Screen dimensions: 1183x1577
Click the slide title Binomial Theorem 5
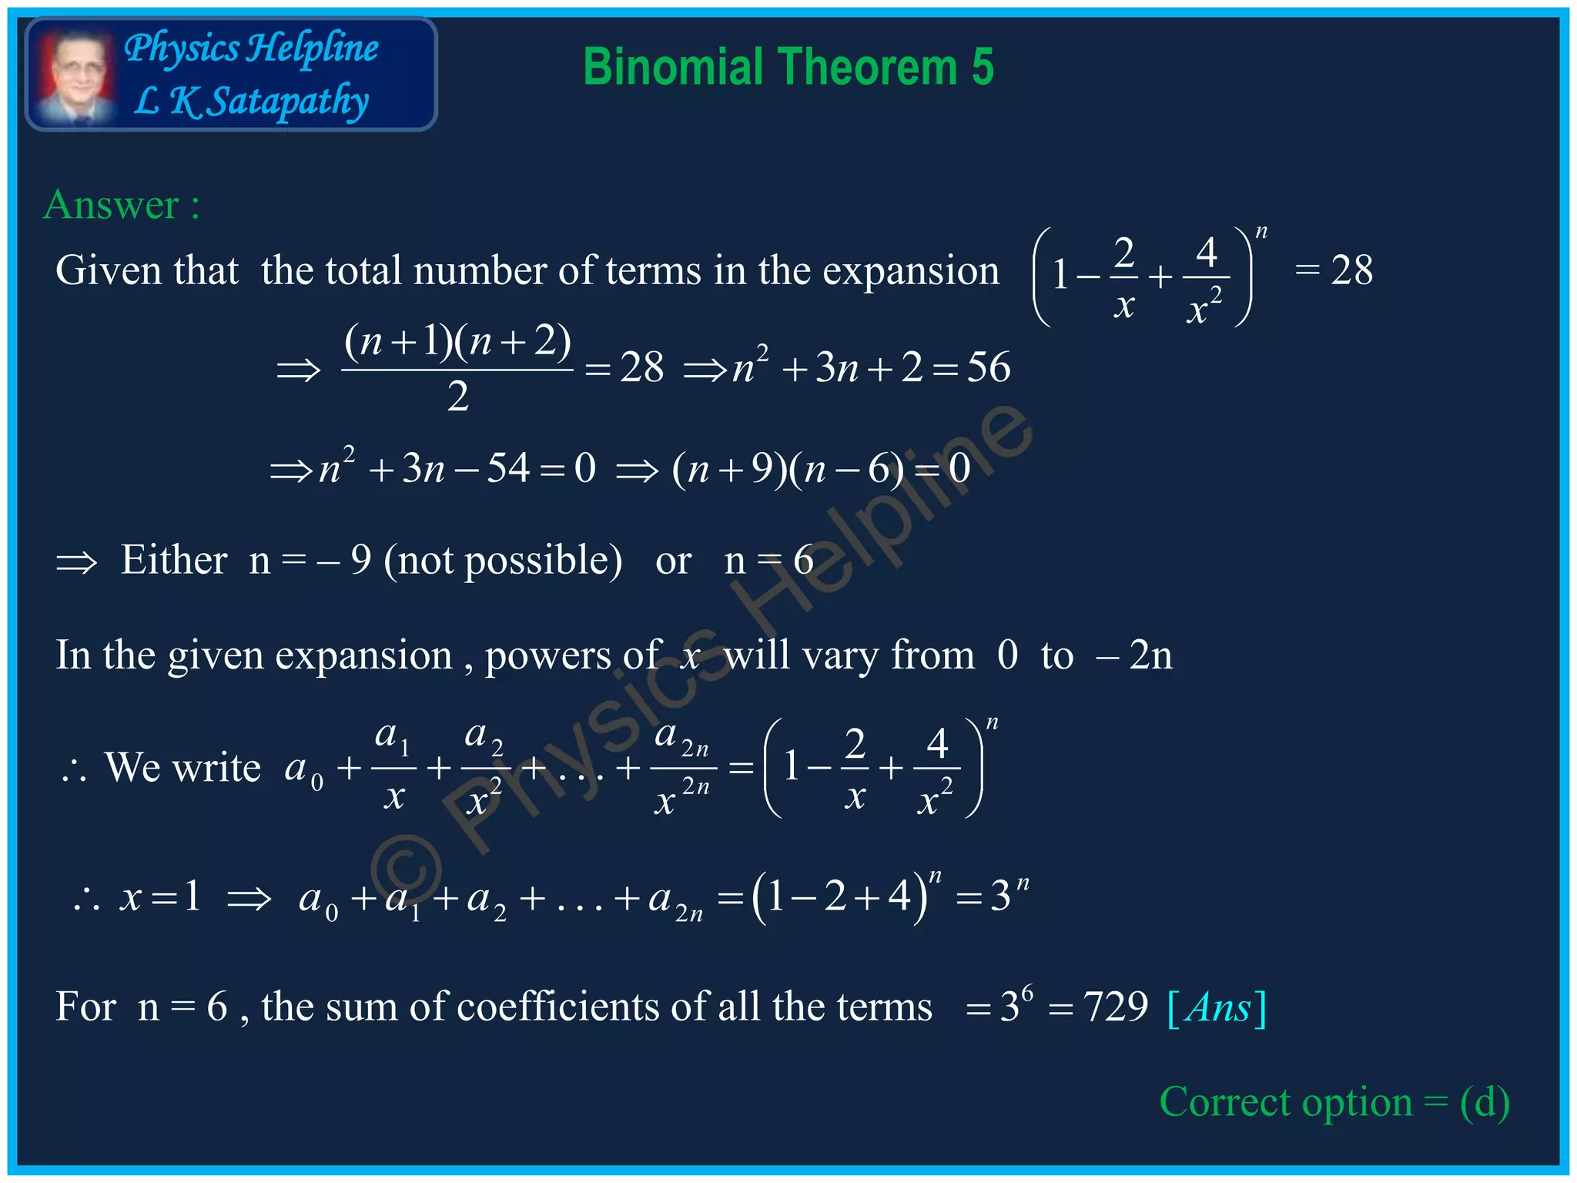tap(788, 67)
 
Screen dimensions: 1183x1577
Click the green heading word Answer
tap(112, 205)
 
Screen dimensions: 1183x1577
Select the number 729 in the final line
tap(1116, 1007)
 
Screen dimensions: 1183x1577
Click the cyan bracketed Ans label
tap(1217, 1008)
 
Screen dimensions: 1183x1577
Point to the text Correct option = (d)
tap(1334, 1102)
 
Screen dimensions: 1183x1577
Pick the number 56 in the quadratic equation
tap(989, 367)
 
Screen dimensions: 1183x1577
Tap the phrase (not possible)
tap(503, 560)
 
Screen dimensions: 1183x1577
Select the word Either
tap(174, 560)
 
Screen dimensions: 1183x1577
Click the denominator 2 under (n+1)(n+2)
tap(457, 397)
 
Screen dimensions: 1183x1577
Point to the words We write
tap(183, 768)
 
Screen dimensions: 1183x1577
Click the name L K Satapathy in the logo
tap(251, 101)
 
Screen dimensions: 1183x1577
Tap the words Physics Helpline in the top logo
tap(251, 48)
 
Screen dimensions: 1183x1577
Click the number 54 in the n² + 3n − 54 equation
tap(508, 468)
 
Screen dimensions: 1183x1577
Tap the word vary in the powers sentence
tap(839, 655)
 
